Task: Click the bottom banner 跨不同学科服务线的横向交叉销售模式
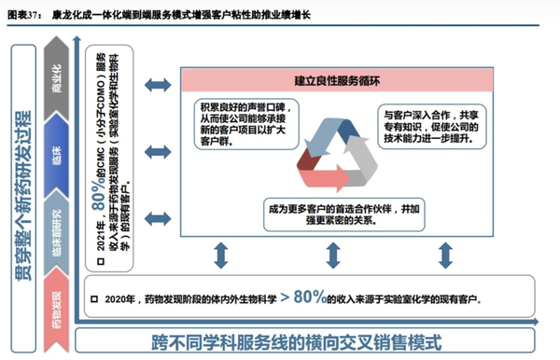[x=308, y=339]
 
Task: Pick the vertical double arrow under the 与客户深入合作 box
[x=452, y=253]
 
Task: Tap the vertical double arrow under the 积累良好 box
[x=221, y=253]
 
